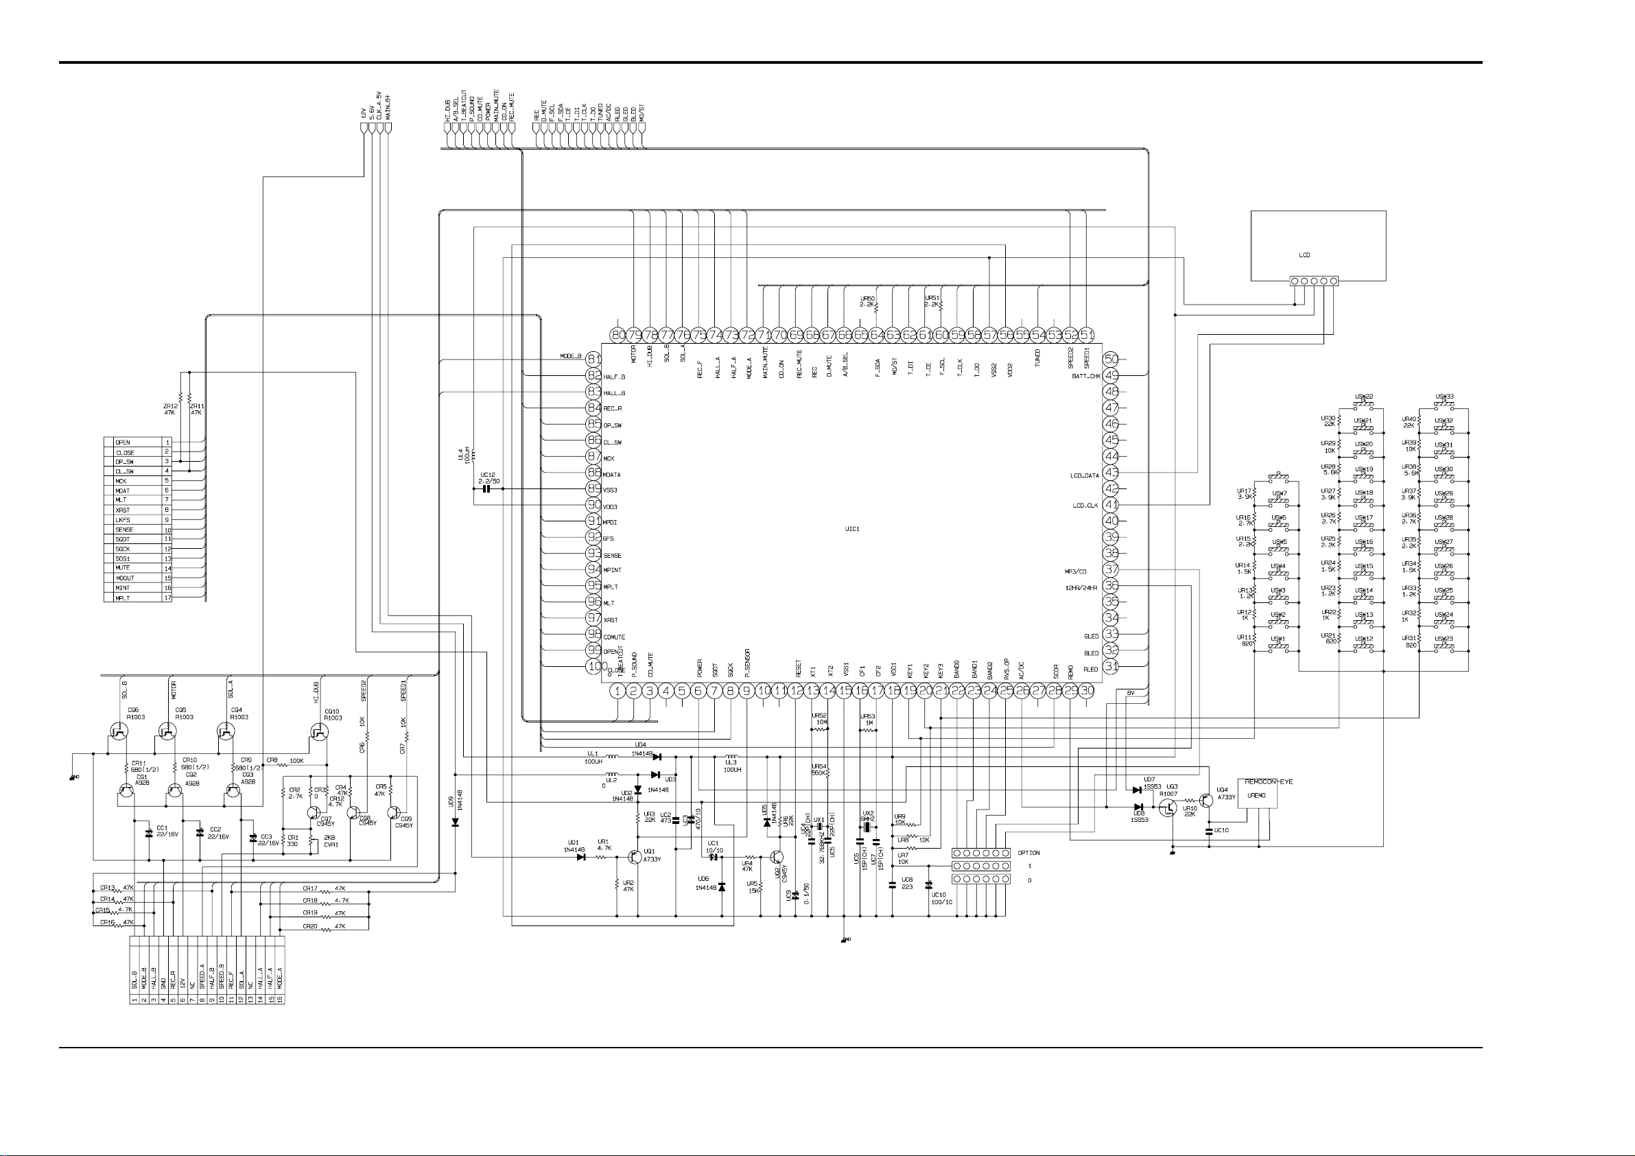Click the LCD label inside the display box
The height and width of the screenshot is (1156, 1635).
pyautogui.click(x=1304, y=255)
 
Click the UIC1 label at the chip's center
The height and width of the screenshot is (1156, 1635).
pyautogui.click(x=851, y=529)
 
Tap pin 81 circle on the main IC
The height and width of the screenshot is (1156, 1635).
pyautogui.click(x=594, y=359)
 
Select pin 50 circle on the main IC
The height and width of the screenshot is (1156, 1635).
pyautogui.click(x=1111, y=359)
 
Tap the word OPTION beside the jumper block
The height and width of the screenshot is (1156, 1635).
pyautogui.click(x=1028, y=853)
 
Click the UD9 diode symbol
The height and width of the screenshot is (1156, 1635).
pyautogui.click(x=455, y=822)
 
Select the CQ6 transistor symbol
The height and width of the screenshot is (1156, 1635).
pyautogui.click(x=119, y=731)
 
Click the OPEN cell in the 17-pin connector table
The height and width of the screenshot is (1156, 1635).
pyautogui.click(x=123, y=443)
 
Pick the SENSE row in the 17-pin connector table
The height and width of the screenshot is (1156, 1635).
pyautogui.click(x=125, y=530)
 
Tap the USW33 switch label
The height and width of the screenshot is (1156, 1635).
pyautogui.click(x=1444, y=397)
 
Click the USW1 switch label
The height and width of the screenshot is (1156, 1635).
pyautogui.click(x=1279, y=639)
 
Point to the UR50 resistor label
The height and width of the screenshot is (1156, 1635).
pyautogui.click(x=867, y=299)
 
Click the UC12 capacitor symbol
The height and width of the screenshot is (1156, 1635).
pyautogui.click(x=487, y=489)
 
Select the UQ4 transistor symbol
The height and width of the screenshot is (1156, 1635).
pyautogui.click(x=1205, y=800)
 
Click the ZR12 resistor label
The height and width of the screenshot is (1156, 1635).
pyautogui.click(x=169, y=406)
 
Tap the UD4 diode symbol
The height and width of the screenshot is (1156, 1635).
pyautogui.click(x=656, y=757)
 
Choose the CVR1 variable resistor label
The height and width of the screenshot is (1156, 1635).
pyautogui.click(x=331, y=845)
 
